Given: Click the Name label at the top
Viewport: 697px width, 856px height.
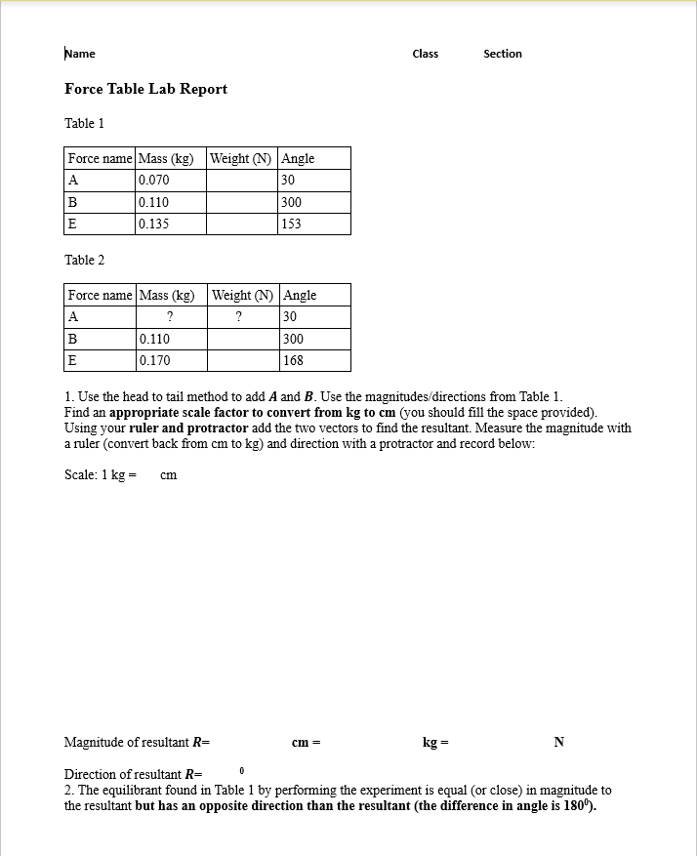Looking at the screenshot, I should coord(80,54).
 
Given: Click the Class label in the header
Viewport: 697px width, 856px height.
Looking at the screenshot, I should coord(426,54).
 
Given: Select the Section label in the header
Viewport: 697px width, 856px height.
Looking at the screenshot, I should coord(503,54).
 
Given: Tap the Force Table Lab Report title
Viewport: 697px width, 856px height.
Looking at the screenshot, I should coord(145,89).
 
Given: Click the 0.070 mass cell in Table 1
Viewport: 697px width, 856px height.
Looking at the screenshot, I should coord(154,181).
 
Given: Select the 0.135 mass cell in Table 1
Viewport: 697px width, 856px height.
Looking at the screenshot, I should coord(154,224).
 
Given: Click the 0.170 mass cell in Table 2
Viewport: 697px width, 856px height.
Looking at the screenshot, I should coord(154,360).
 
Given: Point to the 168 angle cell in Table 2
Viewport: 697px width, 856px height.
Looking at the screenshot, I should coord(293,360).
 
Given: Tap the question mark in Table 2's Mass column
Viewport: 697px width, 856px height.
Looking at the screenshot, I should coord(170,317).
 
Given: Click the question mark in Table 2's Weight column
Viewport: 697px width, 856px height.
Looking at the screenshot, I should coord(240,317).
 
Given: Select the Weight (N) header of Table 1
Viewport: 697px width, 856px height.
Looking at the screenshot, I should coord(241,159).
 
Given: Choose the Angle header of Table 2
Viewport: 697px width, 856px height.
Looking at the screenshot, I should coord(300,296).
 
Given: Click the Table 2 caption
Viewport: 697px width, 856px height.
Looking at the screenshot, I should coord(84,260).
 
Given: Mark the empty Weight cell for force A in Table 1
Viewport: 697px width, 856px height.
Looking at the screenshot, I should coord(241,181).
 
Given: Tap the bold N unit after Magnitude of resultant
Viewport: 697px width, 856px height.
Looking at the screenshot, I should coord(558,743).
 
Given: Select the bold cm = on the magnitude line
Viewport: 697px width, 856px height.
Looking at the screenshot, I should coord(306,743).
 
